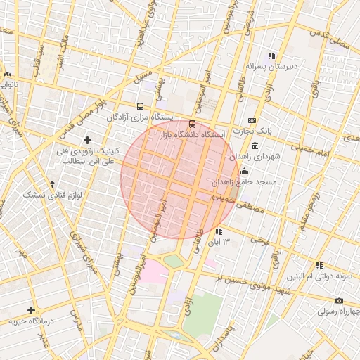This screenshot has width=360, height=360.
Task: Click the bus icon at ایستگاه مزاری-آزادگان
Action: tap(140, 106)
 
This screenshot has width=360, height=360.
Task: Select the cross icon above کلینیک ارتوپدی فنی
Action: tap(88, 140)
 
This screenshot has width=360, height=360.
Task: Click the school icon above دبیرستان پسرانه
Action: tap(271, 56)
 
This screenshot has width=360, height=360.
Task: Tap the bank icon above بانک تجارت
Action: tap(252, 121)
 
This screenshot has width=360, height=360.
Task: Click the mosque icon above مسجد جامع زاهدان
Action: tap(244, 172)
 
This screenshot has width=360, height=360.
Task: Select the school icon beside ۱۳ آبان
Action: tap(219, 231)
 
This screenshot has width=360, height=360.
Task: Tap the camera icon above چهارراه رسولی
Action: tap(340, 300)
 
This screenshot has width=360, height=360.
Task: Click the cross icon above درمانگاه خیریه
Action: tap(31, 310)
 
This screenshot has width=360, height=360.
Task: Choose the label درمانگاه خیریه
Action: tap(31, 322)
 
